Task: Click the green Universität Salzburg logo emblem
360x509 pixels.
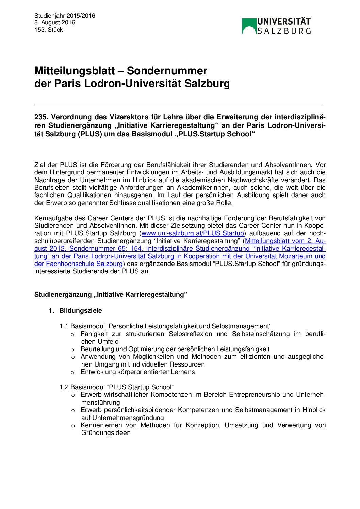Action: coord(249,26)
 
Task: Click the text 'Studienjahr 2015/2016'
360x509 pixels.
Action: coord(65,16)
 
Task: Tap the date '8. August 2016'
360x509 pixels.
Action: coord(54,23)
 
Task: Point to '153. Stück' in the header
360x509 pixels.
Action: coord(49,30)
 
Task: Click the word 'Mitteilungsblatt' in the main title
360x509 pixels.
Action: coord(75,71)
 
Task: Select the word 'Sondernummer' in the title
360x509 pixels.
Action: coord(167,71)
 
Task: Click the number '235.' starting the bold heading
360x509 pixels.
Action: coord(41,117)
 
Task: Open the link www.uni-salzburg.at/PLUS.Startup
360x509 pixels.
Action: coord(193,233)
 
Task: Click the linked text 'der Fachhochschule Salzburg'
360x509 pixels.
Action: coord(78,264)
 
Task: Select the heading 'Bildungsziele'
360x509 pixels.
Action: coord(81,311)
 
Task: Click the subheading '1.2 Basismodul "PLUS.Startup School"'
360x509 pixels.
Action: coord(117,387)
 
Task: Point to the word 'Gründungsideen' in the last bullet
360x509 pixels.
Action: coord(106,433)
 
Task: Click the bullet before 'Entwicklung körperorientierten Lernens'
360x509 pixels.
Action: coord(72,372)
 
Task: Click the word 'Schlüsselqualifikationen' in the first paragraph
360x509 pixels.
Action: coord(144,203)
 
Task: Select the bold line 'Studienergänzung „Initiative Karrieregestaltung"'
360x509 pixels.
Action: coord(111,295)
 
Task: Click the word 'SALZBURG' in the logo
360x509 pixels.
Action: coord(284,31)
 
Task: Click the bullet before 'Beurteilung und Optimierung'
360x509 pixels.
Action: coord(72,350)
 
